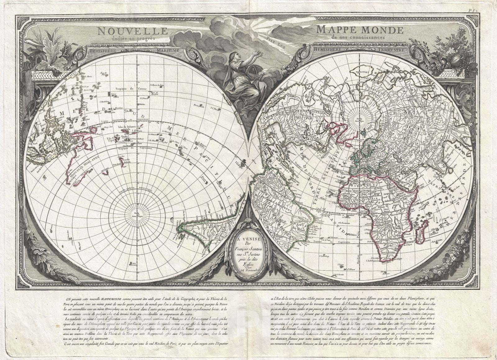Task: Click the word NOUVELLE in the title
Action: coord(132,31)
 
